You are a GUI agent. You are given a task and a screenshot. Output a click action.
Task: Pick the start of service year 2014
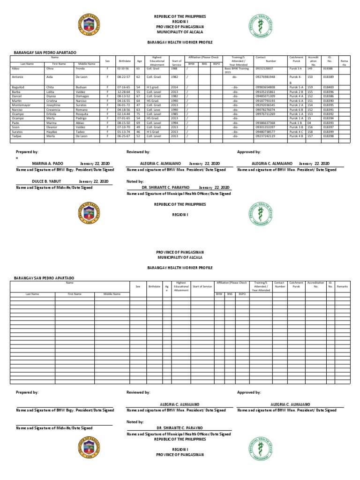point(174,87)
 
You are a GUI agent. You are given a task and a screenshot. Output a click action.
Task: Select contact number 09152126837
point(265,68)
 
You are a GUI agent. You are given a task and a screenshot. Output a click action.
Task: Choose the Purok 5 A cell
point(296,87)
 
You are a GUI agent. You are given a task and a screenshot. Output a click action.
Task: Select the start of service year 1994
point(174,123)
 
